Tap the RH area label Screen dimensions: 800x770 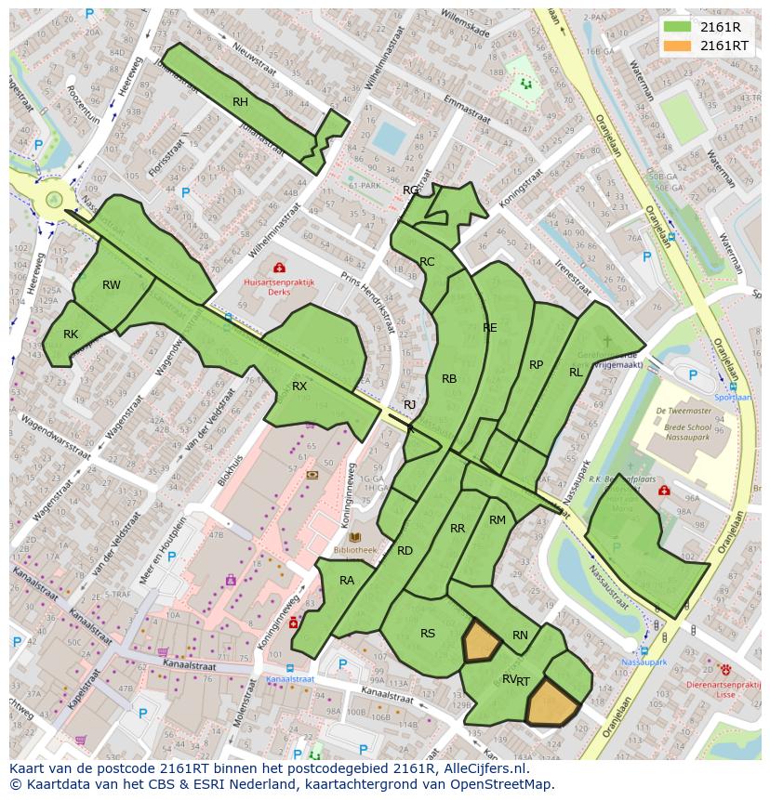coord(240,102)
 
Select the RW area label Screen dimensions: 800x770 coord(112,285)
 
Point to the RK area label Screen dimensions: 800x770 coord(71,334)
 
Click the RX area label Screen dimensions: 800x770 coord(299,386)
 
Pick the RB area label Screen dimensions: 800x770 coord(449,378)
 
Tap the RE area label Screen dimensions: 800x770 coord(490,328)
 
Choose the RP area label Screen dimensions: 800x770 coord(536,365)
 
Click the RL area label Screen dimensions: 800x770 coord(576,373)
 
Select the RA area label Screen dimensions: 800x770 coord(347,581)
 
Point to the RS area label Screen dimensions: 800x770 coord(428,634)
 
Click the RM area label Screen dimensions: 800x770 coord(498,520)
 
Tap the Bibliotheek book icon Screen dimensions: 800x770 coord(354,537)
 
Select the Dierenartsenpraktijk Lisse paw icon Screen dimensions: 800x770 coord(726,669)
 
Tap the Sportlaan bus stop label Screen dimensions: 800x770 coord(733,397)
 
